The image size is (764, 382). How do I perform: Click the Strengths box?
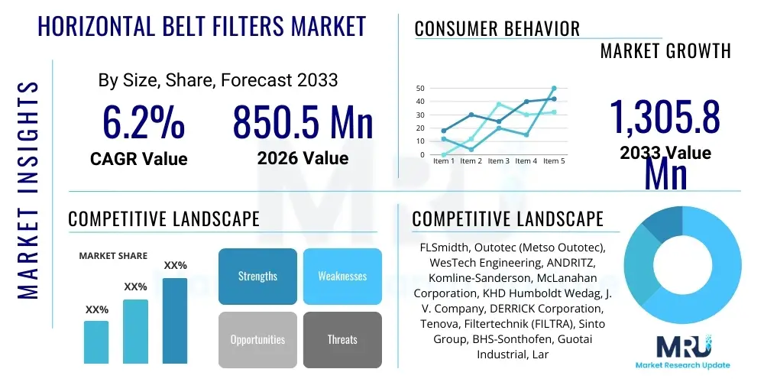[257, 276]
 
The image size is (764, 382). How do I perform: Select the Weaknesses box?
[342, 276]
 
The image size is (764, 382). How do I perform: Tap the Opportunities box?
[257, 339]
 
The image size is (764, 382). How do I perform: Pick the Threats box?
[342, 339]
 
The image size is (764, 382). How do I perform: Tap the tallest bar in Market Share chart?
[175, 320]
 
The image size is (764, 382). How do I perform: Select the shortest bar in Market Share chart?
[96, 342]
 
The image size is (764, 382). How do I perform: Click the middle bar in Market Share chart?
[135, 331]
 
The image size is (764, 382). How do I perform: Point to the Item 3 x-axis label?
[499, 161]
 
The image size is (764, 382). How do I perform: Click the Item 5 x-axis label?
[553, 161]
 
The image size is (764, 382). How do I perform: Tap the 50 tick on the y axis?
[419, 89]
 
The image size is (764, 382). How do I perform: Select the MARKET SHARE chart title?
[113, 256]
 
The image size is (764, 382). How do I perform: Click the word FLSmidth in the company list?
[447, 248]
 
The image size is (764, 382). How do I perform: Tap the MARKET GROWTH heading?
[665, 51]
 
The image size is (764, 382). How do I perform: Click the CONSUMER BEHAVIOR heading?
[497, 29]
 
